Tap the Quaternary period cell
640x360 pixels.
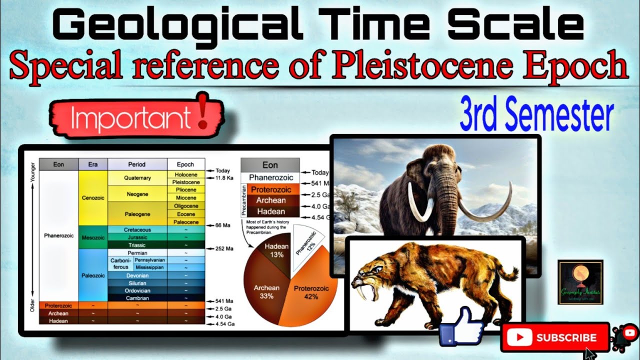[137, 178]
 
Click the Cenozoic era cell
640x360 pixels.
[92, 197]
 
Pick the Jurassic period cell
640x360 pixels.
[137, 237]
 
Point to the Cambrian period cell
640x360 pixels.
[137, 298]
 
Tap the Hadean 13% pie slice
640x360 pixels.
[274, 250]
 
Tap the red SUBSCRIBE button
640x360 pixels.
[555, 338]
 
